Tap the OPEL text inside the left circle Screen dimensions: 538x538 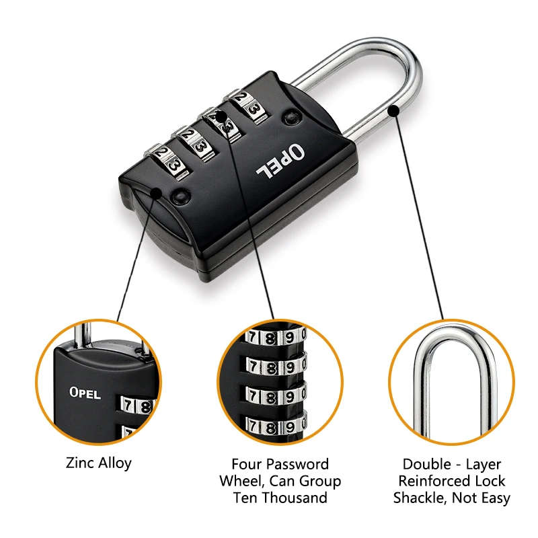pos(85,393)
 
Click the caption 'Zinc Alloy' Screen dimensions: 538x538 pos(99,463)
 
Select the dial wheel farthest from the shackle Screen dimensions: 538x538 pos(166,162)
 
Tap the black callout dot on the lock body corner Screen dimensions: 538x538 pos(157,193)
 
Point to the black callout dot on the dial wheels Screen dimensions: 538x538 pos(223,115)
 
